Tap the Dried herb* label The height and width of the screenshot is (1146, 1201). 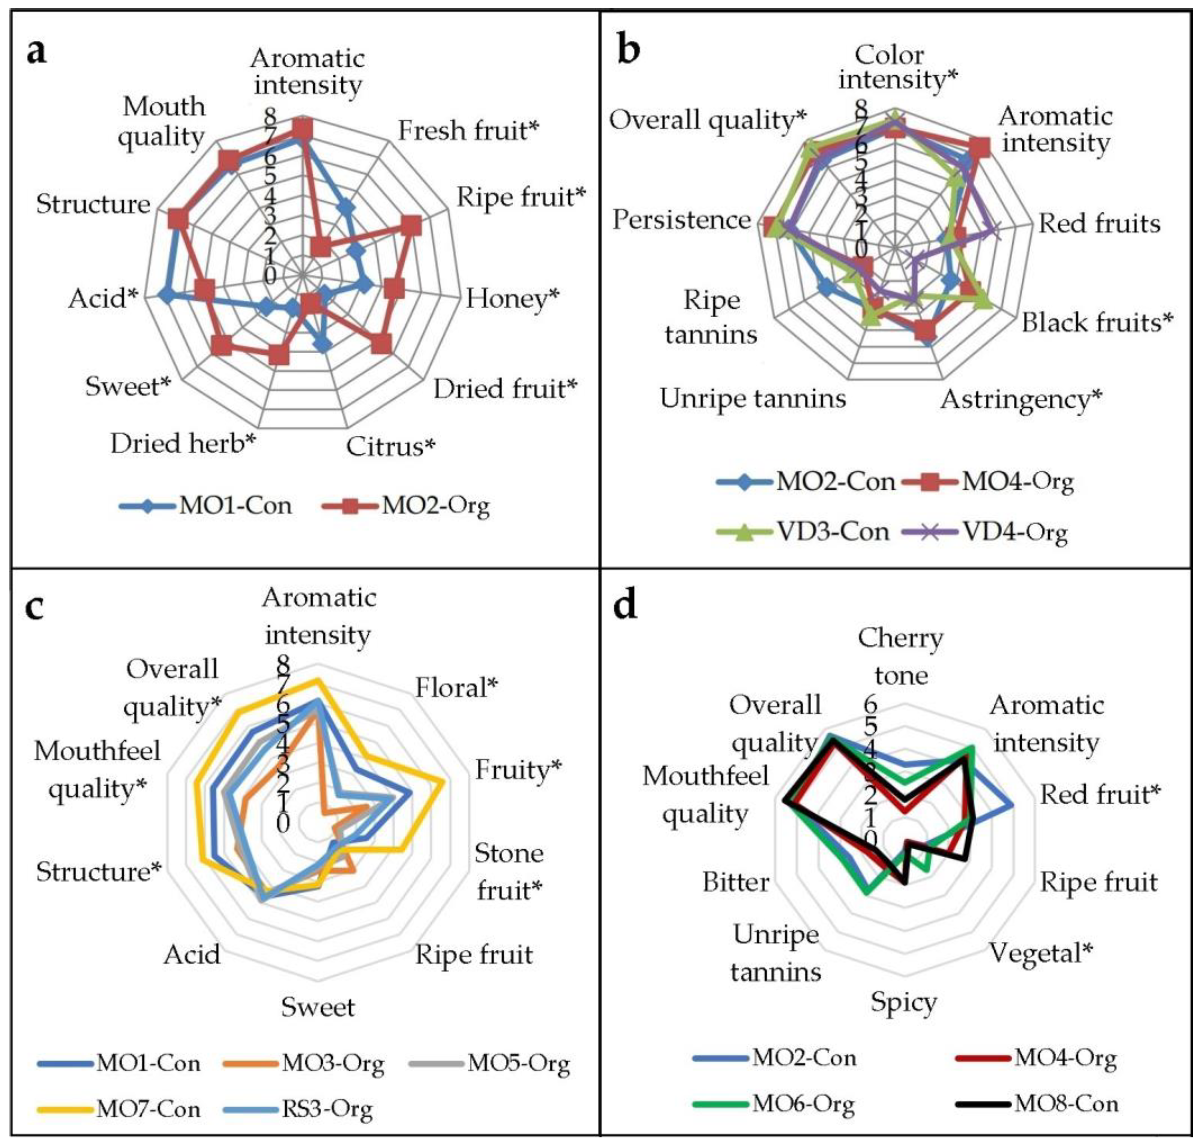(183, 444)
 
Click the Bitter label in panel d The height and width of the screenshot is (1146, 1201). (735, 882)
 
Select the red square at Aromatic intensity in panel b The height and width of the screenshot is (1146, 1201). (979, 146)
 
